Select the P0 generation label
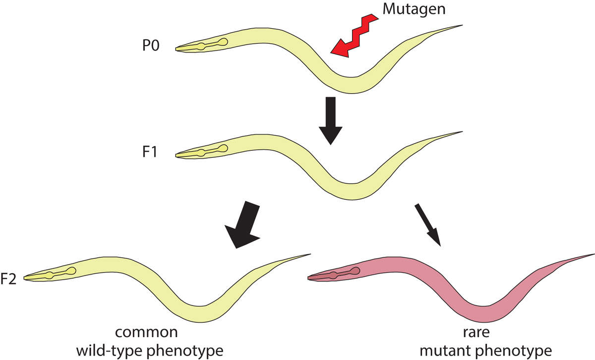pos(150,49)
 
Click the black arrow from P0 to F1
pos(330,120)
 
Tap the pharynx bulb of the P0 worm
pos(224,43)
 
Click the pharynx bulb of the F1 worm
pos(224,148)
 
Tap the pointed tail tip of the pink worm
pos(593,254)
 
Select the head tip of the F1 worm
pos(177,155)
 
